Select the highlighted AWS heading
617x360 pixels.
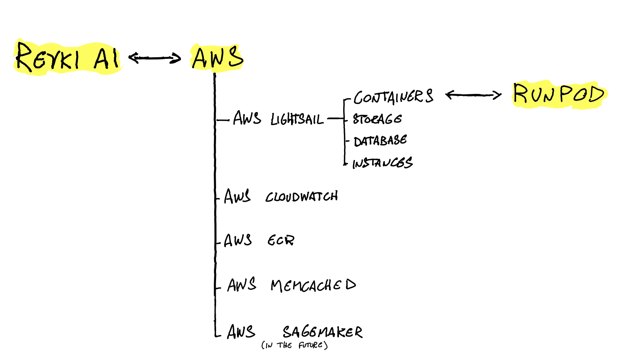(x=217, y=58)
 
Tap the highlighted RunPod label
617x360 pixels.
(x=559, y=95)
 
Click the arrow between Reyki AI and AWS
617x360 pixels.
(x=154, y=58)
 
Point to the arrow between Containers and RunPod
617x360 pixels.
(x=473, y=95)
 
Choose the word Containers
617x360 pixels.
(x=393, y=97)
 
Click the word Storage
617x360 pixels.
(x=377, y=119)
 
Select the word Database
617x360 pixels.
(x=380, y=141)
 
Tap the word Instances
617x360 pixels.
(x=382, y=163)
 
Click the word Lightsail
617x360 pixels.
(x=297, y=119)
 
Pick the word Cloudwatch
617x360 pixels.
(x=301, y=197)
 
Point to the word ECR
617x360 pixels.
(x=281, y=240)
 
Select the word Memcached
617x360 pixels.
(x=313, y=285)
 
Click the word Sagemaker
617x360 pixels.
(x=322, y=332)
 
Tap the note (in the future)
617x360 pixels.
(x=295, y=345)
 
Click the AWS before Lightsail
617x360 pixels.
(x=247, y=118)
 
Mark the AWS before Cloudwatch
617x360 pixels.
(x=237, y=196)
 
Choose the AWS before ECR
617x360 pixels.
(x=238, y=240)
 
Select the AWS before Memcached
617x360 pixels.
(x=242, y=285)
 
